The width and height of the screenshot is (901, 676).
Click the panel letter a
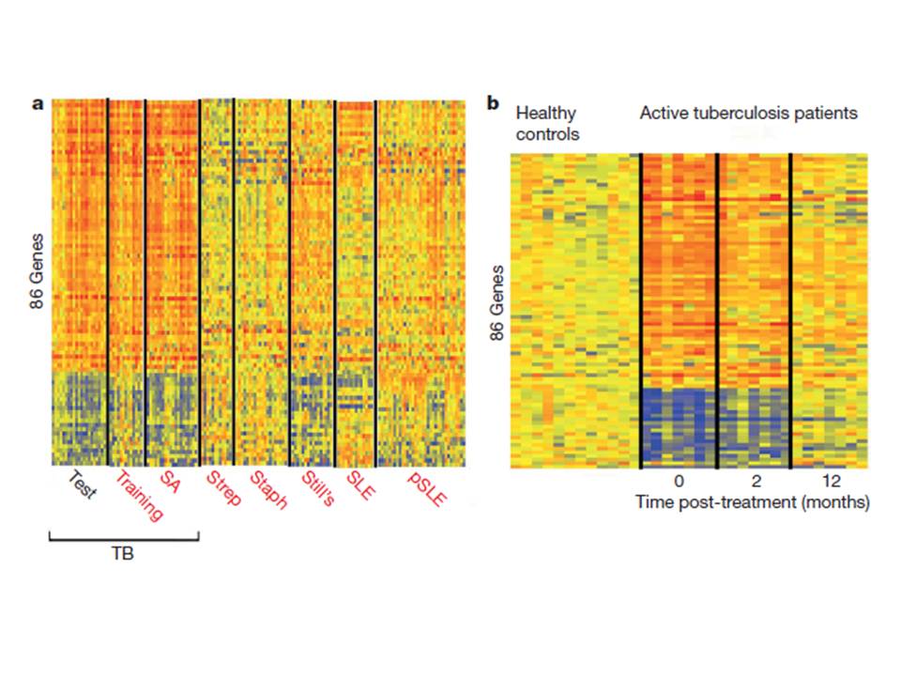click(38, 104)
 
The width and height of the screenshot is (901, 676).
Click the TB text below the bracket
click(123, 555)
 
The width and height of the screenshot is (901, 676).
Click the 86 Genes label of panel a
click(38, 280)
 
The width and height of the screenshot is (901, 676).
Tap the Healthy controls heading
click(547, 124)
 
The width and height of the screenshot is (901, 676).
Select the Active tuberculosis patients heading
click(748, 114)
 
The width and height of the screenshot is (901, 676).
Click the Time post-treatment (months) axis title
click(753, 502)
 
